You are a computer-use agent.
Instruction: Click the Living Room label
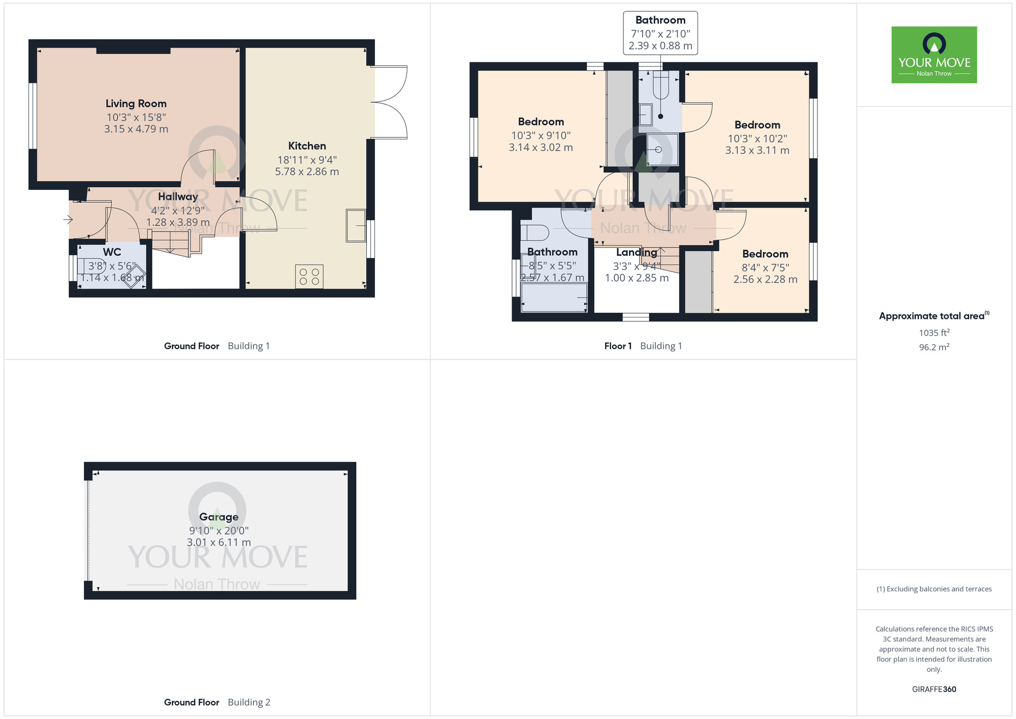(x=136, y=104)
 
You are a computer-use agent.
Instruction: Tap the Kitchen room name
(x=307, y=146)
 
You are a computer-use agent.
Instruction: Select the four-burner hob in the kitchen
(x=309, y=277)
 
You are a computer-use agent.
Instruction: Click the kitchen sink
(x=356, y=225)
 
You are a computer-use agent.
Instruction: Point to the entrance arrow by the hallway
(x=68, y=220)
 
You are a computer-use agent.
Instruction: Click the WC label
(x=112, y=252)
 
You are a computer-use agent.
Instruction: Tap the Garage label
(x=219, y=517)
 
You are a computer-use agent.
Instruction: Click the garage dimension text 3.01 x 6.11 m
(x=219, y=543)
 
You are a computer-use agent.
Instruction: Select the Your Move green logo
(x=934, y=55)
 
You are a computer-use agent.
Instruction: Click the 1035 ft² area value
(x=934, y=333)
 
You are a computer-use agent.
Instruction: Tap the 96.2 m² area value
(x=934, y=347)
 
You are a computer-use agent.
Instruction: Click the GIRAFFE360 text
(x=934, y=690)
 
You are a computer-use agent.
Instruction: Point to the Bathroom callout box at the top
(x=660, y=33)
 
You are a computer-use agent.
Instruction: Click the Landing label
(x=637, y=252)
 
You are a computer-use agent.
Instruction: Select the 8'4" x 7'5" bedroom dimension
(x=765, y=267)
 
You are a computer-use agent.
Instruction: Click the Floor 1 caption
(x=618, y=346)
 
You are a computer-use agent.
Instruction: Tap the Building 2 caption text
(x=249, y=702)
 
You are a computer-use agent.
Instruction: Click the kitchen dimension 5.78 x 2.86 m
(x=307, y=172)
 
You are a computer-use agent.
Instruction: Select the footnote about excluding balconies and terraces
(x=934, y=589)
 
